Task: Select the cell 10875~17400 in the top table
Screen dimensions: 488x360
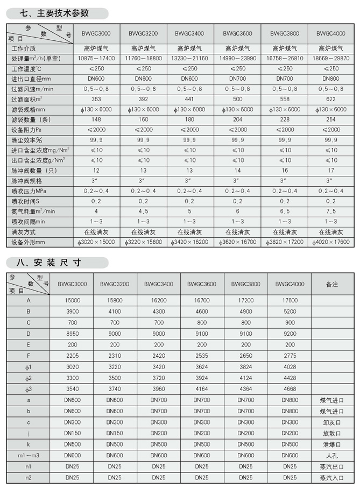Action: pyautogui.click(x=96, y=58)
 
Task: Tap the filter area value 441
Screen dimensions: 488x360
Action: pyautogui.click(x=190, y=98)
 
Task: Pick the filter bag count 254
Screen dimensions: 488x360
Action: pyautogui.click(x=331, y=119)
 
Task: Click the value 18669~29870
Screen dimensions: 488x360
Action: pyautogui.click(x=331, y=58)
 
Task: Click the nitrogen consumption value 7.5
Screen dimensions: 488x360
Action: pyautogui.click(x=331, y=211)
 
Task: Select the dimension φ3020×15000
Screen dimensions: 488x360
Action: pyautogui.click(x=96, y=242)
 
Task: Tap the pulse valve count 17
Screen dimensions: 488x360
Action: pyautogui.click(x=331, y=171)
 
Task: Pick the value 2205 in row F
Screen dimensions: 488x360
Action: pyautogui.click(x=72, y=356)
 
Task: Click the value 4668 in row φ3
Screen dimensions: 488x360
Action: pyautogui.click(x=289, y=390)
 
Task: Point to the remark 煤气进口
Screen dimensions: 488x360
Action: pyautogui.click(x=331, y=401)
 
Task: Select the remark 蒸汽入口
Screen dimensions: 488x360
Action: pyautogui.click(x=331, y=477)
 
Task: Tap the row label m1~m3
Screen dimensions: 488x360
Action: pyautogui.click(x=29, y=455)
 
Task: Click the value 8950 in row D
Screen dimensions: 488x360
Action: pyautogui.click(x=72, y=333)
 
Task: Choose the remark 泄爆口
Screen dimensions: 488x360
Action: pyautogui.click(x=331, y=444)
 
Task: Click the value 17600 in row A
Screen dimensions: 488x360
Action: pyautogui.click(x=289, y=300)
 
